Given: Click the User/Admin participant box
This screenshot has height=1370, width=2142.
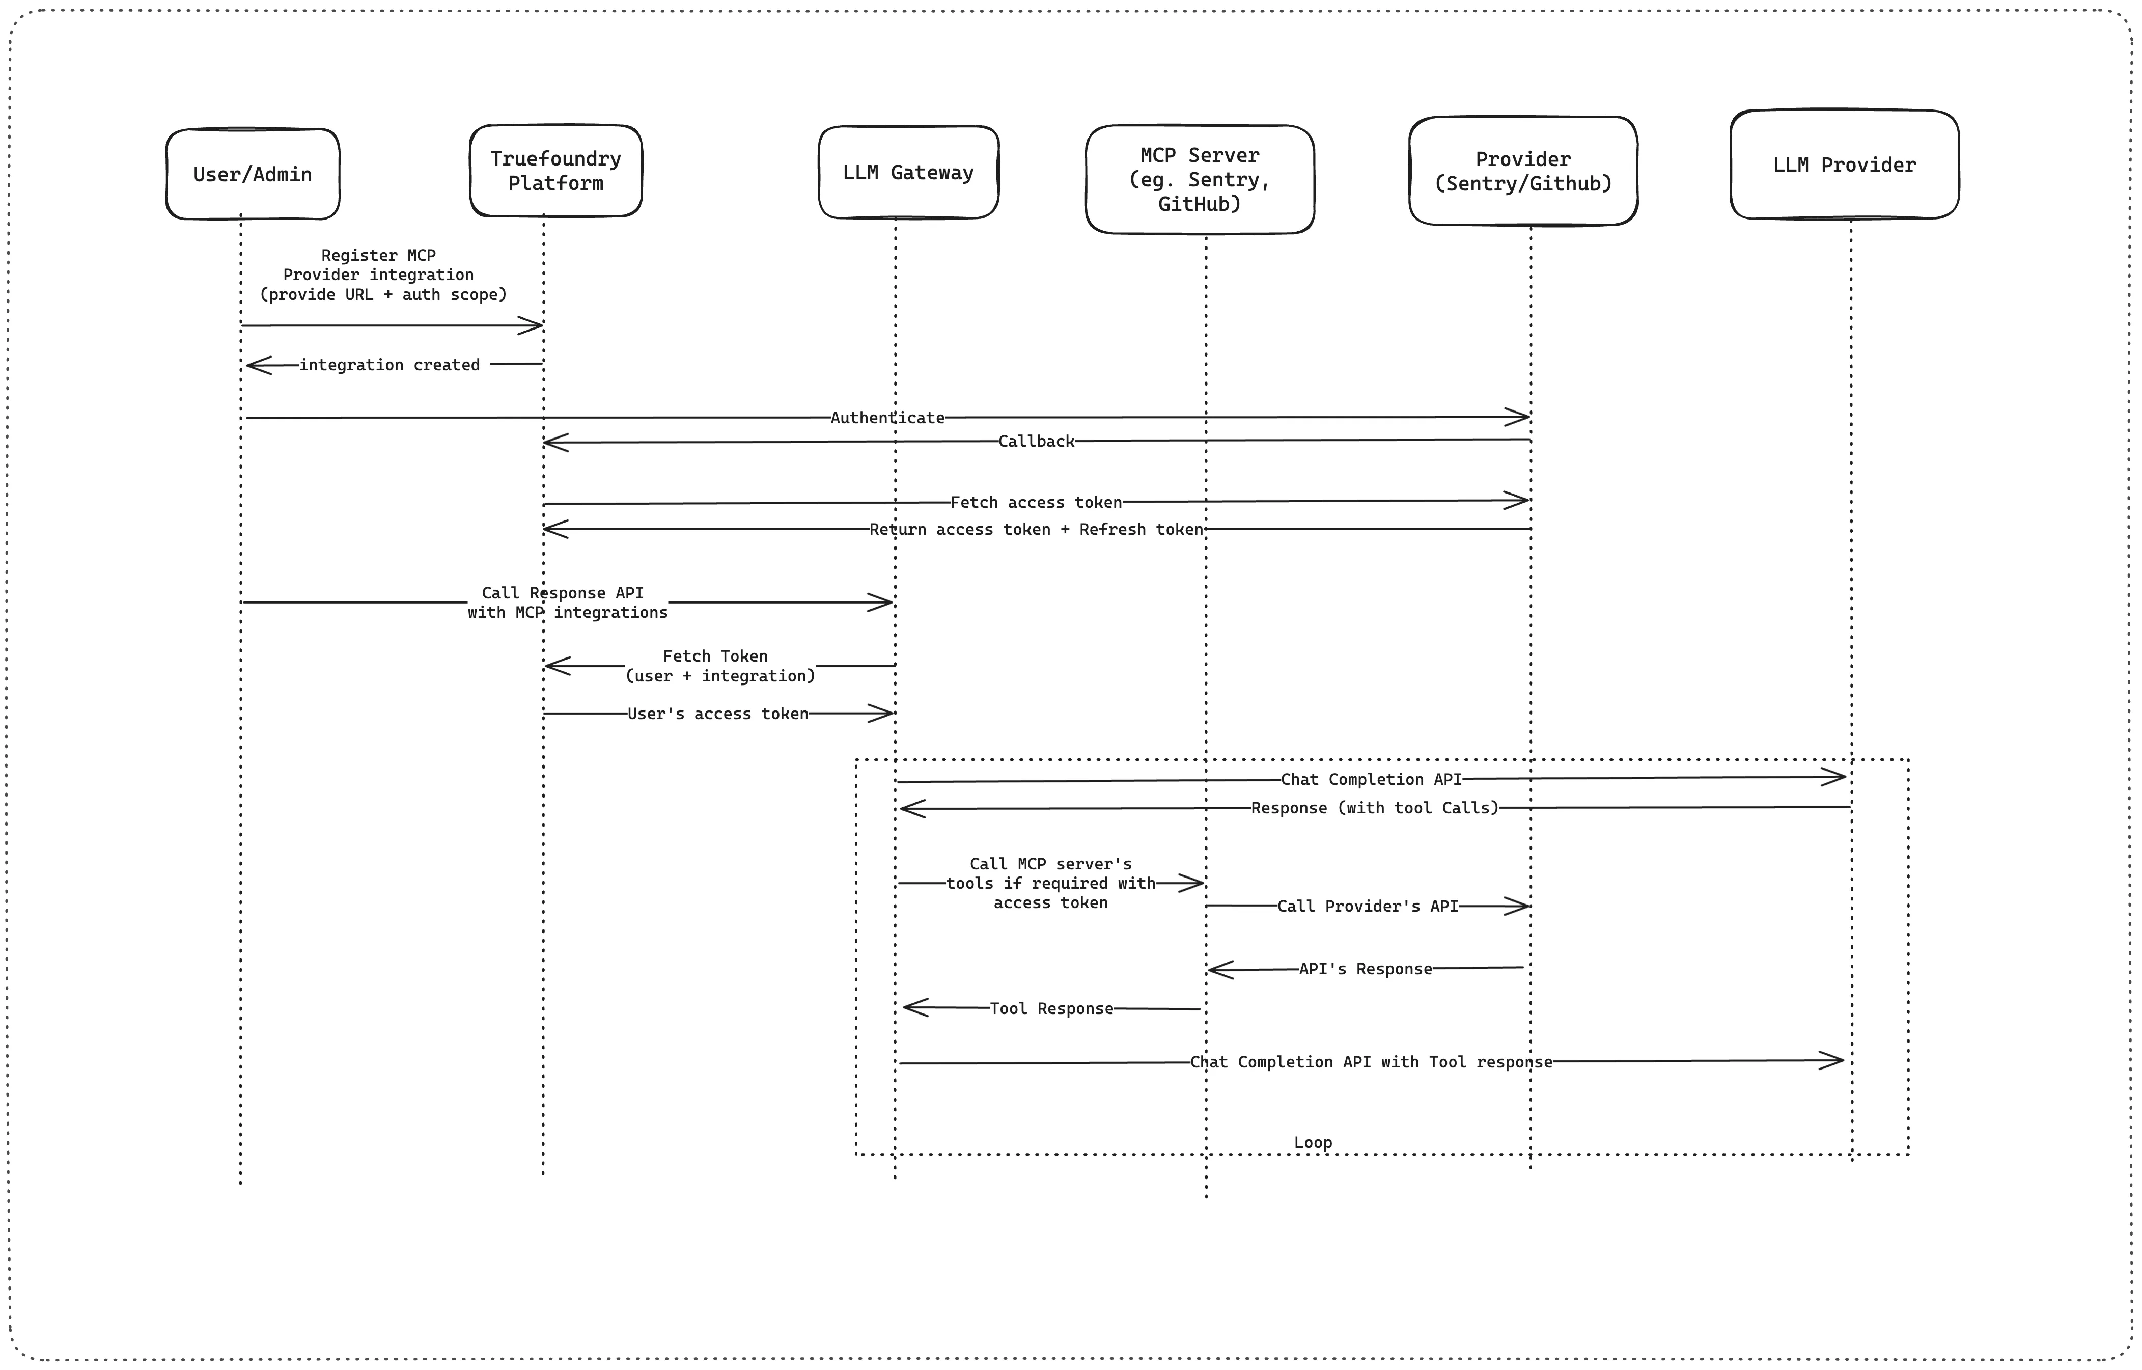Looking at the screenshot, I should point(253,174).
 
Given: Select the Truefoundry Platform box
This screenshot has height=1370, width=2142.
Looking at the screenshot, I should point(556,171).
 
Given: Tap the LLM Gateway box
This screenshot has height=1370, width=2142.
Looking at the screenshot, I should point(908,173).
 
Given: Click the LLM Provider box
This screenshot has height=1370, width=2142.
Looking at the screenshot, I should point(1844,165).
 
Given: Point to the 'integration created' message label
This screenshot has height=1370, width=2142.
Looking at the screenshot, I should point(390,365).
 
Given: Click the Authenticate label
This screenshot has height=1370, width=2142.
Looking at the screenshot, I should point(887,417).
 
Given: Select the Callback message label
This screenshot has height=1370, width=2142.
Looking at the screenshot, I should point(1036,441).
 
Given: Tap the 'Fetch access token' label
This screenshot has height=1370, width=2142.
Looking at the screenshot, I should point(1036,503).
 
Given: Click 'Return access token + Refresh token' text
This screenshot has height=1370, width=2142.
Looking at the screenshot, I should point(1036,529).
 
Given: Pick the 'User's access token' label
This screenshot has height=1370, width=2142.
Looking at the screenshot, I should point(718,714).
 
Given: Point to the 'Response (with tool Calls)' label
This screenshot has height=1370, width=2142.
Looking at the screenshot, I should point(1374,808).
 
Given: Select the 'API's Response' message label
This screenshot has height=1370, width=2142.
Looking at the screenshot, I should point(1366,969).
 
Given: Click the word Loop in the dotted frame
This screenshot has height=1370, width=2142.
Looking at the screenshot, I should point(1313,1142).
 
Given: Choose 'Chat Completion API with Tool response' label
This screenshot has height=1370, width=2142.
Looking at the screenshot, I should point(1371,1062).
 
